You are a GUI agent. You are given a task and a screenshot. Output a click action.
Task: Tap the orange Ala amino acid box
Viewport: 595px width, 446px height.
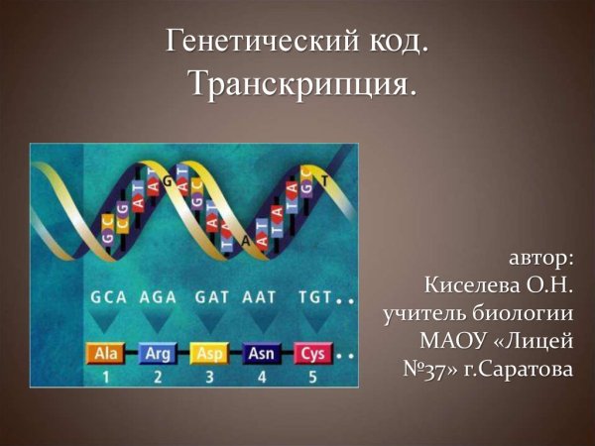pos(105,353)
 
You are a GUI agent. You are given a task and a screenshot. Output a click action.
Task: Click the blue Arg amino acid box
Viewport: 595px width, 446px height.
pos(157,353)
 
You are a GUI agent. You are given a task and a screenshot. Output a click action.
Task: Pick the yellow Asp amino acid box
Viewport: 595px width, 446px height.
pos(209,353)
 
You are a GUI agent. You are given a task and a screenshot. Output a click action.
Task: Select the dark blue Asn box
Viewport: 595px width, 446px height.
pos(262,353)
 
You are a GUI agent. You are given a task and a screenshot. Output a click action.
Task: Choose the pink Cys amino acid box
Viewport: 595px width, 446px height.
pos(312,353)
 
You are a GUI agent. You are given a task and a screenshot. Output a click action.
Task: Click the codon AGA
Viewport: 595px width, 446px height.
pos(158,296)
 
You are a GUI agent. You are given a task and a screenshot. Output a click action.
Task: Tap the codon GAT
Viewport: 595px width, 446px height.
pos(211,296)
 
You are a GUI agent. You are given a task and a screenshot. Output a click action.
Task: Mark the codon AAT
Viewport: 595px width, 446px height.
pos(261,296)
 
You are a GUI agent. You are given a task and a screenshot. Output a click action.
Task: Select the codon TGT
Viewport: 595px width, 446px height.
pos(313,296)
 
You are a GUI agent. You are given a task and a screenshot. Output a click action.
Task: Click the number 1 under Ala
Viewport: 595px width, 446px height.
pos(105,377)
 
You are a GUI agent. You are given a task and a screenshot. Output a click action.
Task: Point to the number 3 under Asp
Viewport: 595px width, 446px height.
pos(209,377)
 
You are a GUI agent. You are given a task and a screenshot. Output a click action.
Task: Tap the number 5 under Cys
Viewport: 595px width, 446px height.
pos(313,377)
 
